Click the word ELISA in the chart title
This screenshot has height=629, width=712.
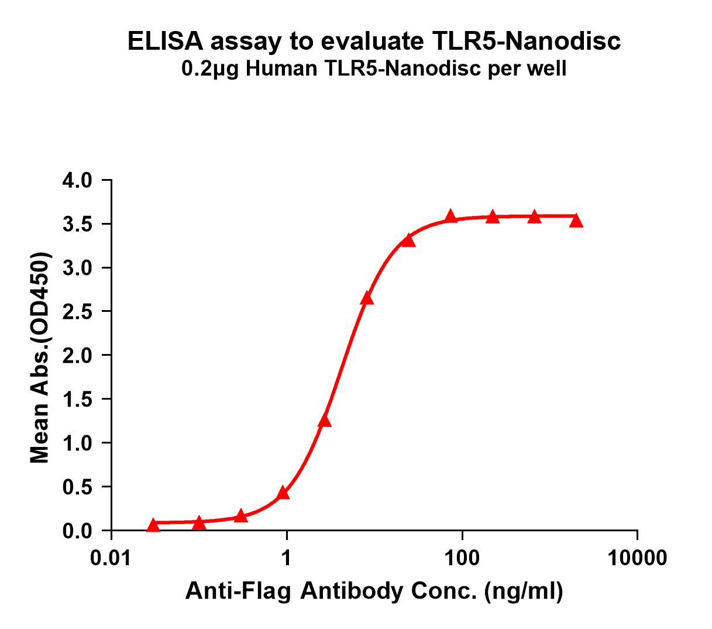click(165, 42)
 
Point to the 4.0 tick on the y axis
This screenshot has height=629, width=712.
click(77, 180)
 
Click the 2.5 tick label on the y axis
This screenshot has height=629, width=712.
click(77, 312)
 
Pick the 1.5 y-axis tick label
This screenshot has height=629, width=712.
click(77, 400)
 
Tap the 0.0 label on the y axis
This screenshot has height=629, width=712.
click(77, 531)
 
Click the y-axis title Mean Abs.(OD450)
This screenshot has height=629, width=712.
click(40, 358)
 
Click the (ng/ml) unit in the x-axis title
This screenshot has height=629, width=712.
click(523, 592)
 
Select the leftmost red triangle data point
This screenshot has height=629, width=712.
click(153, 525)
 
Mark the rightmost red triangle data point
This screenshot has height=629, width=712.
click(576, 221)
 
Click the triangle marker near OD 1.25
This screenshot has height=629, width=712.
click(325, 421)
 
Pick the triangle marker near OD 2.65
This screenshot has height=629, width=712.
click(367, 298)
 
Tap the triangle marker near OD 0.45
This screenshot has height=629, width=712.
click(283, 493)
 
